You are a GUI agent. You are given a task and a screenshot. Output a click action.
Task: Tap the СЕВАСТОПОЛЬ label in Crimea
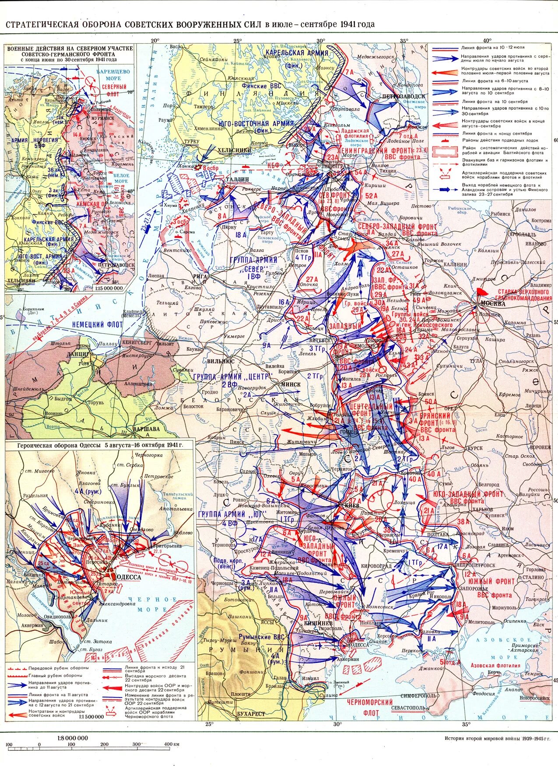(x=410, y=707)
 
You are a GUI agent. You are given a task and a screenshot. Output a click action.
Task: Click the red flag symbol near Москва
(x=482, y=291)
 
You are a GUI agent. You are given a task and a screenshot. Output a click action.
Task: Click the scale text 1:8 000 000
(x=73, y=738)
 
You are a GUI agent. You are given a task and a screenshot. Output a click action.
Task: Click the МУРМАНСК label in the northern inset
(x=103, y=118)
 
